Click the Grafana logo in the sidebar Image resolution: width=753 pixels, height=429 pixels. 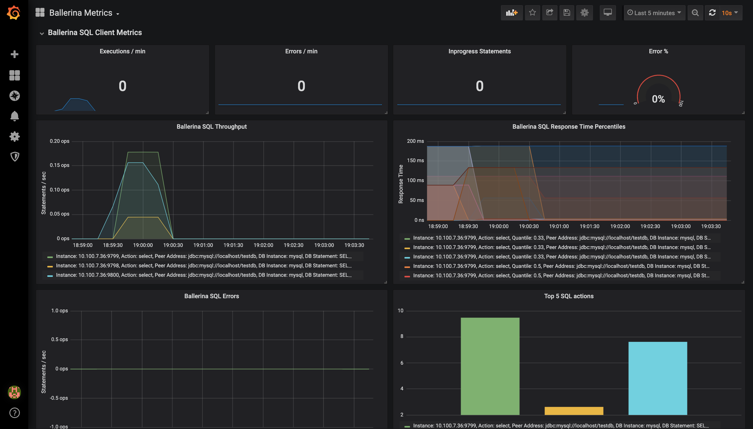pos(14,13)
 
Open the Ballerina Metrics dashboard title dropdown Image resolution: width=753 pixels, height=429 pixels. pos(84,13)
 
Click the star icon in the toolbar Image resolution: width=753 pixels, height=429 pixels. pos(532,13)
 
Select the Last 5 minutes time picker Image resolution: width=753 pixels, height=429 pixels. pos(654,13)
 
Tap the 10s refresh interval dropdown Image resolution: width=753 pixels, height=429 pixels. pos(730,13)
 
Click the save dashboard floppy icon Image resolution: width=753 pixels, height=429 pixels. pos(567,13)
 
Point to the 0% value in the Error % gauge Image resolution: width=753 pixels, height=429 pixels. pos(658,99)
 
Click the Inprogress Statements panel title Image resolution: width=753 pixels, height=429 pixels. pos(480,51)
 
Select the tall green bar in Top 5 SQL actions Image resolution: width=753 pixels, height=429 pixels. pos(490,366)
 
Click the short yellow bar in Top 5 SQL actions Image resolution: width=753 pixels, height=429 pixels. pos(574,411)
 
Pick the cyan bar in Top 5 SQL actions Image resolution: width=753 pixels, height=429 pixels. pos(658,378)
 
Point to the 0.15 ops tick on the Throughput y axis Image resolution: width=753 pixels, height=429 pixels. pos(60,165)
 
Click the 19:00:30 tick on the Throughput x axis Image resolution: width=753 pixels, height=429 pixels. pos(173,245)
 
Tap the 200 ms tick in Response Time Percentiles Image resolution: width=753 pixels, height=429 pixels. pos(415,141)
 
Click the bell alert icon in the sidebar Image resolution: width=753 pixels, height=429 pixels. pos(14,116)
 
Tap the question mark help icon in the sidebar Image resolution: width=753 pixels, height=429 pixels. pos(14,413)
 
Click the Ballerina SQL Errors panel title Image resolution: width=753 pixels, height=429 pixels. pos(212,296)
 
